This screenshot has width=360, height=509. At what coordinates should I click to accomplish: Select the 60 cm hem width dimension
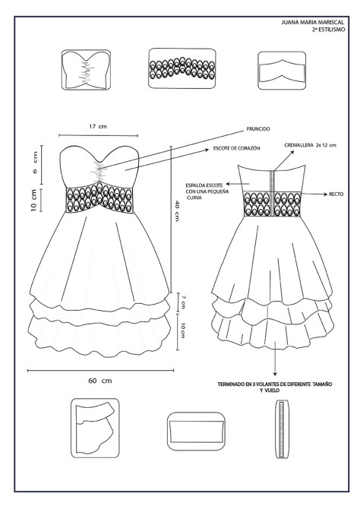pyautogui.click(x=96, y=380)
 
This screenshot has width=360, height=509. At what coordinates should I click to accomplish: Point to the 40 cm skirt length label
pyautogui.click(x=176, y=212)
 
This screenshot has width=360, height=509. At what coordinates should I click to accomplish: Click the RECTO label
pyautogui.click(x=335, y=194)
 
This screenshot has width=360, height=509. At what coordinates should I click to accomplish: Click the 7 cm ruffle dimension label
pyautogui.click(x=182, y=303)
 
